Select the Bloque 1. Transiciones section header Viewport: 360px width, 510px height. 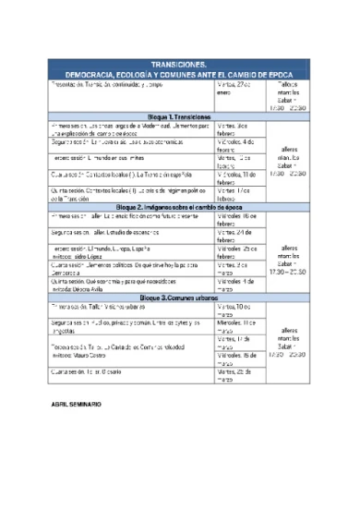179,117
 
